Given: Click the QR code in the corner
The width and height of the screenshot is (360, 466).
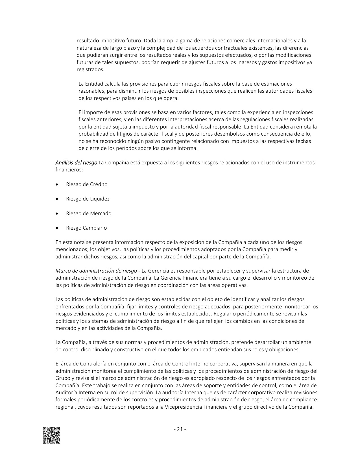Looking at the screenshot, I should [51, 435].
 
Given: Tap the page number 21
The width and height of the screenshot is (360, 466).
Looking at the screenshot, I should [180, 430].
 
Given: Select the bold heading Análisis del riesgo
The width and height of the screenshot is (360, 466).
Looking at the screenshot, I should [76, 163].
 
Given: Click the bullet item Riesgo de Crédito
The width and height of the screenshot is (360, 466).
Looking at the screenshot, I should [87, 184].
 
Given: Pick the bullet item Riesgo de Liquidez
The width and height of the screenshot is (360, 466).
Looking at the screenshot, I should [88, 199].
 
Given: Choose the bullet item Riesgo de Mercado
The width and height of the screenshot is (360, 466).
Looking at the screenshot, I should [89, 214].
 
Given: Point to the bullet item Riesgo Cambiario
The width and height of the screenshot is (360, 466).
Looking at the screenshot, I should [86, 228].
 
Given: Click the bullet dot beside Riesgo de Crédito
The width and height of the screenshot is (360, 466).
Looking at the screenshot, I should [57, 185].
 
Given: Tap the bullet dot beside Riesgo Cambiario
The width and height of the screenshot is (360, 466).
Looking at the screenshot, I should [57, 228].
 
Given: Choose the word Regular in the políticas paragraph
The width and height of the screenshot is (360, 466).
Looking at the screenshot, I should [222, 314].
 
